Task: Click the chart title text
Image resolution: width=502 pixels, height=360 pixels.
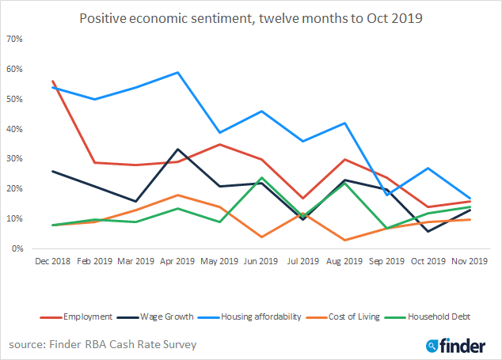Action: click(x=250, y=17)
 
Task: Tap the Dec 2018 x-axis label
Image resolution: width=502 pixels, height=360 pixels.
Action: click(x=52, y=260)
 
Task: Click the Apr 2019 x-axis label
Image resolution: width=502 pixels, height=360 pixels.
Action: click(x=177, y=260)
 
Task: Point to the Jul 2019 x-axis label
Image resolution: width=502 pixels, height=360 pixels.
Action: click(x=302, y=260)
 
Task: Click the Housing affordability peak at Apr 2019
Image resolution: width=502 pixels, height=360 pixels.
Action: click(x=177, y=73)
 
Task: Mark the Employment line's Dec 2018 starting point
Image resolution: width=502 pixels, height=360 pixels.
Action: click(x=53, y=81)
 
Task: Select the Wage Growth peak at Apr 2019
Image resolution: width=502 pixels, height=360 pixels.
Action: click(x=177, y=150)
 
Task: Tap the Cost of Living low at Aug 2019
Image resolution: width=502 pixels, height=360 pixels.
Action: click(x=344, y=240)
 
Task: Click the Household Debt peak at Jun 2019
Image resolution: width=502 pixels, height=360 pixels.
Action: click(x=261, y=178)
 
